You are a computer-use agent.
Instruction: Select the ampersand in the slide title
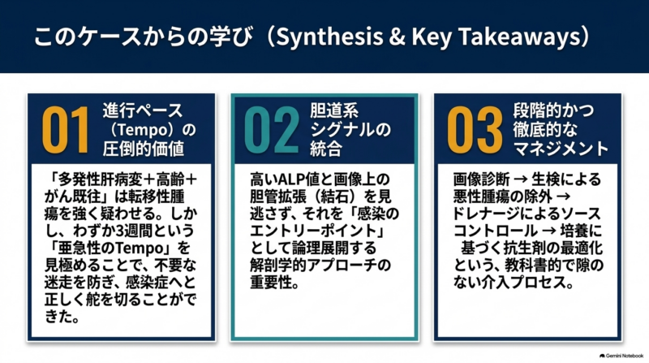click(397, 37)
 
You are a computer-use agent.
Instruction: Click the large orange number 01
click(65, 130)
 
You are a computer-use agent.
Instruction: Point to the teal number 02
click(272, 130)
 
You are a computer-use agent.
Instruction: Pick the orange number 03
click(475, 130)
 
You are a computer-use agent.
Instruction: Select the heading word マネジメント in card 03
click(561, 149)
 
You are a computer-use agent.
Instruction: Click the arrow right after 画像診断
click(520, 179)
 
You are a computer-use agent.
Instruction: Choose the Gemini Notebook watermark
click(621, 356)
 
